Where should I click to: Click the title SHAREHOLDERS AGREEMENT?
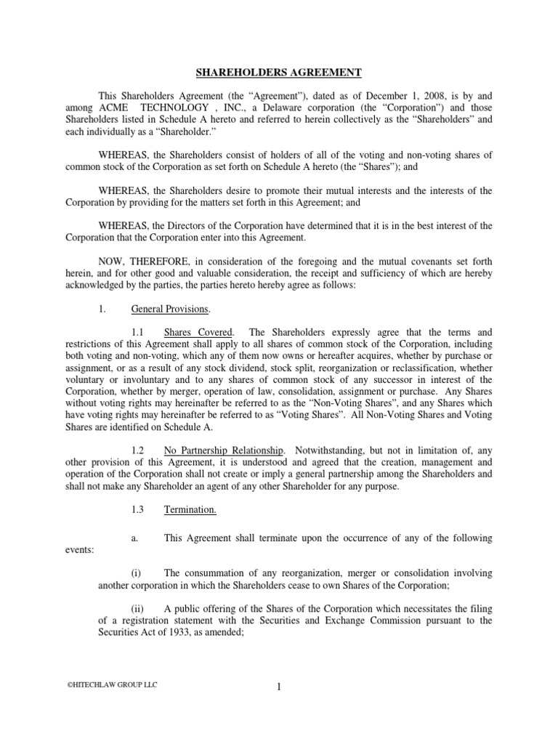(x=279, y=72)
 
